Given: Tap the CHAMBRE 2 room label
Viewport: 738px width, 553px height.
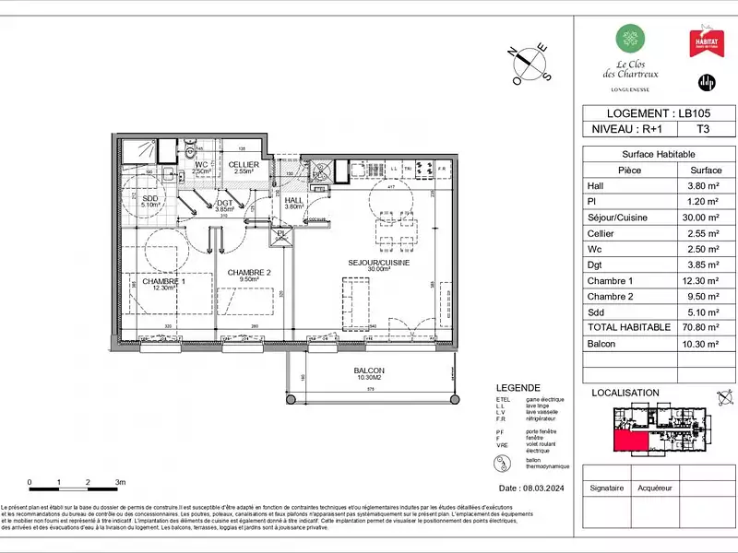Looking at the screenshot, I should pos(248,273).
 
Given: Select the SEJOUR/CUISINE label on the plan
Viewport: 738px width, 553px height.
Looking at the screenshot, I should pos(379,263).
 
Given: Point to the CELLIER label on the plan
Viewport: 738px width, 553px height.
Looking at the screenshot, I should pos(244,165).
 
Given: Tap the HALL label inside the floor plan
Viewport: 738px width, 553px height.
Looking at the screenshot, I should pos(294,201).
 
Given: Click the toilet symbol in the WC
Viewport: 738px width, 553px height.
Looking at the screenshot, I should pos(190,151).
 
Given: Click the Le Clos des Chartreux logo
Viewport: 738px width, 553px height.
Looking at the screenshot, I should pos(631,53).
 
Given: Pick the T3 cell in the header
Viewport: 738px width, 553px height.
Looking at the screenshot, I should pos(703,130).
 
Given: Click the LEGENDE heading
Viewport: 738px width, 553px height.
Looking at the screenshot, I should pos(516,388).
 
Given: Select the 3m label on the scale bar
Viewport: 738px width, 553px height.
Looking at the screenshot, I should pos(120,482).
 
